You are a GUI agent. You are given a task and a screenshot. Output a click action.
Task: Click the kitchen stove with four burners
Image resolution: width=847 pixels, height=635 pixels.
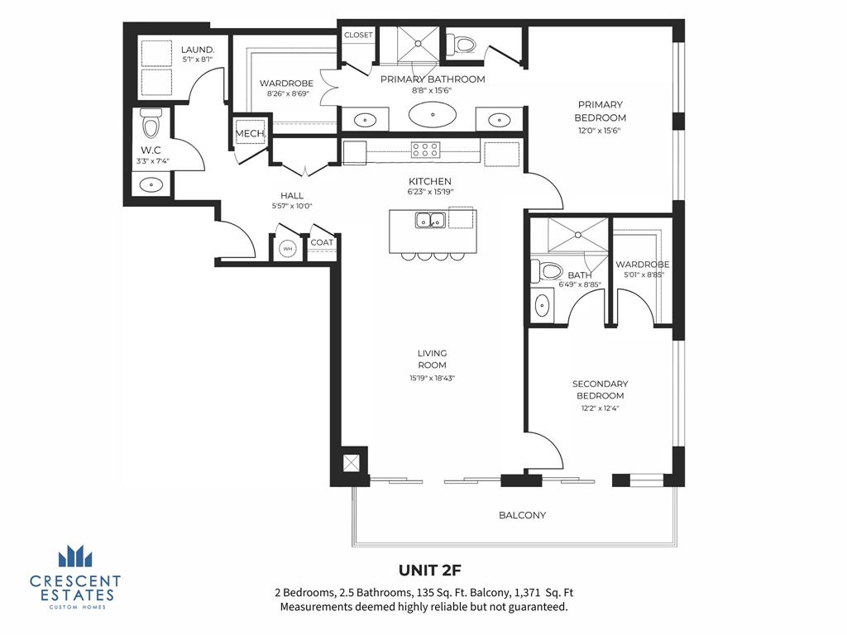click(x=425, y=150)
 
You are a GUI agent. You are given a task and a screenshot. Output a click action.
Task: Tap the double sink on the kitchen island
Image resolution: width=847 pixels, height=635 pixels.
click(x=429, y=221)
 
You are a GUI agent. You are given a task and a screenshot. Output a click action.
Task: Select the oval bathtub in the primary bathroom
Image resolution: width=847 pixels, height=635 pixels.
click(x=432, y=115)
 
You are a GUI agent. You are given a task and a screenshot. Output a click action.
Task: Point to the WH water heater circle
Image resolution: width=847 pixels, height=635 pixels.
click(x=288, y=248)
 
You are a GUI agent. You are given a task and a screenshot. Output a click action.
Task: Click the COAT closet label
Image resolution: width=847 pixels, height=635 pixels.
click(x=322, y=242)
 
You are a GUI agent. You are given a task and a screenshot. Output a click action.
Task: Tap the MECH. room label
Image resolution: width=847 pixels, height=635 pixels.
click(x=250, y=134)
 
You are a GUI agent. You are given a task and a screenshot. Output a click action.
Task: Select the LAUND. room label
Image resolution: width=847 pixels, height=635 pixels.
click(x=198, y=50)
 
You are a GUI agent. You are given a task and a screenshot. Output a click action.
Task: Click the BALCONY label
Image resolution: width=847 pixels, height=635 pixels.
click(x=522, y=515)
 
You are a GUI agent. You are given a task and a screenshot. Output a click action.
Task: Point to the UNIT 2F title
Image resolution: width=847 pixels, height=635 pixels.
click(x=430, y=571)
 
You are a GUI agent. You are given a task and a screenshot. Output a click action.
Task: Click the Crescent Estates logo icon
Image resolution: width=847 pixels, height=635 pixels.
click(x=75, y=556)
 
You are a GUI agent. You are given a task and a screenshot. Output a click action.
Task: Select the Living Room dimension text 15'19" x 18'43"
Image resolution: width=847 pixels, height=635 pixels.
click(x=432, y=378)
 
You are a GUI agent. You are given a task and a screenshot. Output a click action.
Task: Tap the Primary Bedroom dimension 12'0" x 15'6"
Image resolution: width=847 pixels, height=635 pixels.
click(x=601, y=130)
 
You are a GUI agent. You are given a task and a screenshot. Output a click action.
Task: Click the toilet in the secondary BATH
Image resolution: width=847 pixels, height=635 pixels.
click(x=548, y=270)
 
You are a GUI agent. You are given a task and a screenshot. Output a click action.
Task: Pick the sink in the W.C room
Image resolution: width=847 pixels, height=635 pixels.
click(x=151, y=184)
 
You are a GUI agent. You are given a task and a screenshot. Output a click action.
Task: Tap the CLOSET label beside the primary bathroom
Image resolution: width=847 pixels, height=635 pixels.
click(x=358, y=35)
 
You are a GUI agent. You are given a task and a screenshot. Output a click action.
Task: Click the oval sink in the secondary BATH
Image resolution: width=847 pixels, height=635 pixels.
click(x=543, y=306)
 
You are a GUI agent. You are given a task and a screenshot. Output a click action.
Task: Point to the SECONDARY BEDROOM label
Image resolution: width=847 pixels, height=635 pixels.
click(x=601, y=389)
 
